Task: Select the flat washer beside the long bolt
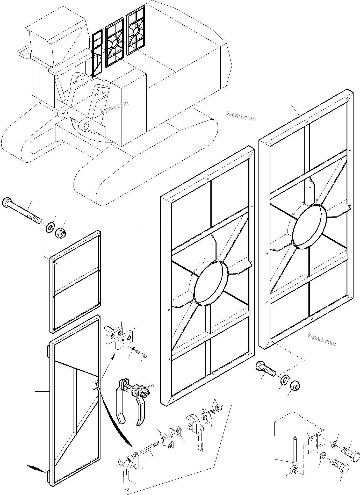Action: coord(50,227)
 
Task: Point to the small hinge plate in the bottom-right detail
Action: coord(316,440)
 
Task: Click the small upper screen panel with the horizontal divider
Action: coord(75,282)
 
